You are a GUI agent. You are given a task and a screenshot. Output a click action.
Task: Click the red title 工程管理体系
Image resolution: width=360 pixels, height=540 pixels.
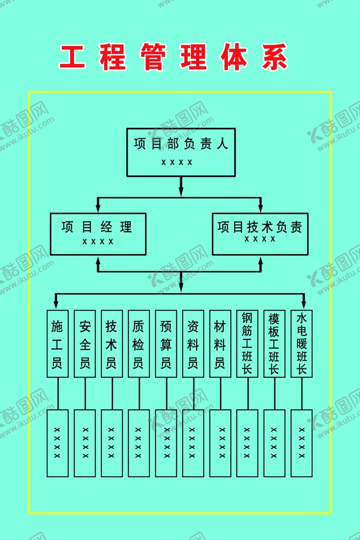point(174,57)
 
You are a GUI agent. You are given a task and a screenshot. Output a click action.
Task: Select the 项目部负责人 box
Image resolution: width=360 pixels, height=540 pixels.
point(181,152)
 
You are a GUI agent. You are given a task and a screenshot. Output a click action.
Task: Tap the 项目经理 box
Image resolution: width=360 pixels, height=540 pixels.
point(98,234)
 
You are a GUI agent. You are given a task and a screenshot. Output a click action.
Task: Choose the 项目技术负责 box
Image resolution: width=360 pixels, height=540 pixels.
point(260,234)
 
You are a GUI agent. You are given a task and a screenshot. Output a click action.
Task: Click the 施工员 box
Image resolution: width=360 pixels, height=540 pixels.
point(57,344)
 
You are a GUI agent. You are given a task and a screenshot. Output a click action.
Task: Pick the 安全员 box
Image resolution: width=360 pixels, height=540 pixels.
point(85,344)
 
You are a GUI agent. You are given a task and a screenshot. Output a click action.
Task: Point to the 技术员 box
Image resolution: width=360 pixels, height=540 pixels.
point(112,344)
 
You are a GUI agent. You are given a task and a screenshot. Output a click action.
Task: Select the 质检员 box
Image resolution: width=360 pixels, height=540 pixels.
point(139,344)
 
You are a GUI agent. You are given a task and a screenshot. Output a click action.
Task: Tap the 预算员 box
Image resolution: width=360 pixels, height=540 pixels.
point(166,344)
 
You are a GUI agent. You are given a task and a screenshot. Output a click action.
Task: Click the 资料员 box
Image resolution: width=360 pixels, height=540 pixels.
point(193,344)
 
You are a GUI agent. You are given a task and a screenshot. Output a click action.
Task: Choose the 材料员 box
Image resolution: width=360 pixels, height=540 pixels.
point(220,344)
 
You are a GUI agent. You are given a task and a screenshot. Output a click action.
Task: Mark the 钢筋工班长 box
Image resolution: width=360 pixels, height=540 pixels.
point(247,344)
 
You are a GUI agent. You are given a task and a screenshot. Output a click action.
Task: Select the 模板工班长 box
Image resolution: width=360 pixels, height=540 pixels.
point(274,344)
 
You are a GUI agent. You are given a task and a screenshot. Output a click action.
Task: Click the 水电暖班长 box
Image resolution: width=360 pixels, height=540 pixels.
point(302,344)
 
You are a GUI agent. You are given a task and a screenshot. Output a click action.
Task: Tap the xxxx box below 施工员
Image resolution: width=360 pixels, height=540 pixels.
point(57,443)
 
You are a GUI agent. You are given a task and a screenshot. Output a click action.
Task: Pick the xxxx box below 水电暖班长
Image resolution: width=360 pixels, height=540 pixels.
point(302,443)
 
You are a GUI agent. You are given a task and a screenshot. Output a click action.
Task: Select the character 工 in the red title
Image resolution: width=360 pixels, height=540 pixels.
point(73,57)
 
